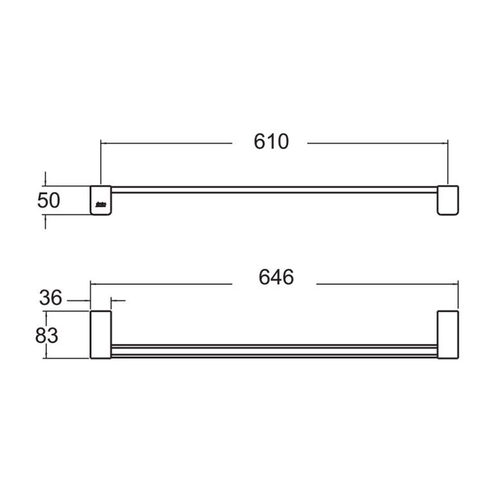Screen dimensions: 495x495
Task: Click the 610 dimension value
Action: pos(271,141)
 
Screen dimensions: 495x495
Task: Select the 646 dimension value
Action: pos(276,277)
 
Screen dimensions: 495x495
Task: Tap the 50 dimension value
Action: pos(48,200)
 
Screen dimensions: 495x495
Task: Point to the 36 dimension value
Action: pos(50,298)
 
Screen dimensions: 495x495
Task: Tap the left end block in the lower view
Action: pos(100,335)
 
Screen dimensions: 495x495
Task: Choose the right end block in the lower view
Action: pos(448,335)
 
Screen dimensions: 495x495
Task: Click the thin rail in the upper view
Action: pos(274,189)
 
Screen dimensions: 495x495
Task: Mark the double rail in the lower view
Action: pos(274,350)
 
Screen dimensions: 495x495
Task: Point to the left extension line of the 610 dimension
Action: pos(101,161)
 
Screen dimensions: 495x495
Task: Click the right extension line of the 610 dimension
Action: pos(448,161)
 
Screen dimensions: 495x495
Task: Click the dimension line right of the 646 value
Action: pos(387,283)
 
